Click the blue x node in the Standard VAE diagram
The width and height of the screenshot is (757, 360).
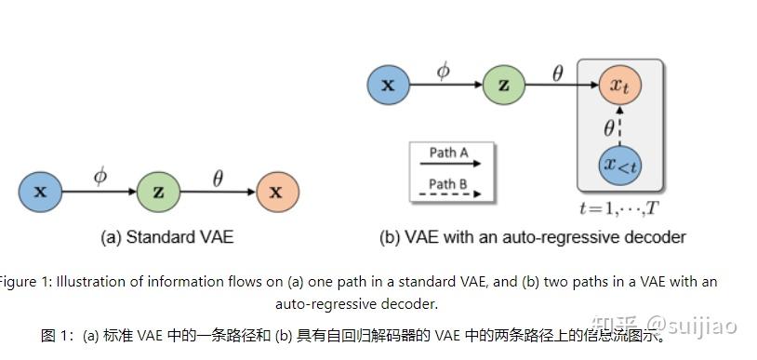click(x=40, y=193)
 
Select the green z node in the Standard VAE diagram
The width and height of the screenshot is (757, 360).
click(x=158, y=193)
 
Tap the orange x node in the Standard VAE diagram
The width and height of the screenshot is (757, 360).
click(x=276, y=193)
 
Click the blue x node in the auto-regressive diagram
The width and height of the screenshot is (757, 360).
click(x=389, y=86)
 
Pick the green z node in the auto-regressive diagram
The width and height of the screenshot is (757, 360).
click(x=504, y=86)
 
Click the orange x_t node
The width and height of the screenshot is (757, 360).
click(x=620, y=85)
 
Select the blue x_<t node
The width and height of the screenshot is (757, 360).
click(x=620, y=167)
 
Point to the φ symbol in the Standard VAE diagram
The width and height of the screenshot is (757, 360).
click(x=100, y=175)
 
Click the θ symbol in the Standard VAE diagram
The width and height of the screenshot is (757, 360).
click(x=218, y=177)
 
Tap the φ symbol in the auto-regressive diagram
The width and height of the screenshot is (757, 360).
click(x=444, y=70)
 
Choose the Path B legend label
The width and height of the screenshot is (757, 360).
click(x=448, y=183)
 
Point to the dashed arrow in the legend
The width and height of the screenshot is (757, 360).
click(x=448, y=195)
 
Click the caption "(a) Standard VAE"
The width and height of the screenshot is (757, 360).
click(x=166, y=237)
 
